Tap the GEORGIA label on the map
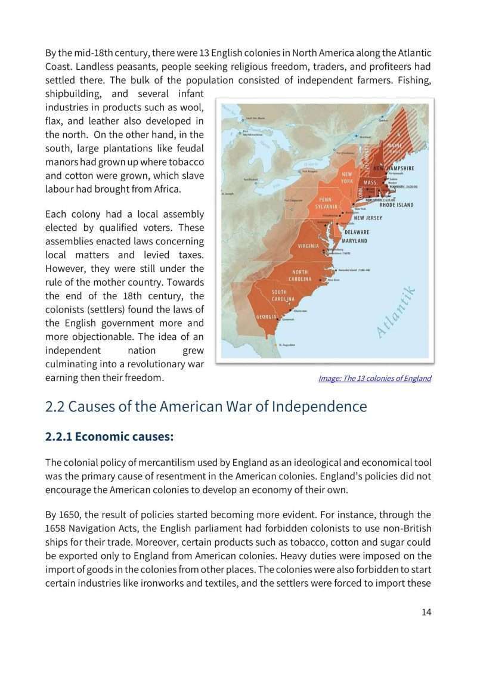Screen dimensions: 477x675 click(266, 316)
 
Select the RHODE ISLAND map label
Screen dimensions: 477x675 click(397, 205)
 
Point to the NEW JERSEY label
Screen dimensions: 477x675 click(368, 218)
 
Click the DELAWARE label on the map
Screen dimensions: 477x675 click(356, 232)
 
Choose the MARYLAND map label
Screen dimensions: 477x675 click(354, 241)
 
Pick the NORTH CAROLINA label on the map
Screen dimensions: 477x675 click(300, 275)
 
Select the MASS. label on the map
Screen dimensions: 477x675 click(370, 182)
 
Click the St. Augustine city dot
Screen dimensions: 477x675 click(275, 345)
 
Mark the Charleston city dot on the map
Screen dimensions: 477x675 click(290, 310)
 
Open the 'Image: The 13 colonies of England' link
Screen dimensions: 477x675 click(374, 378)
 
